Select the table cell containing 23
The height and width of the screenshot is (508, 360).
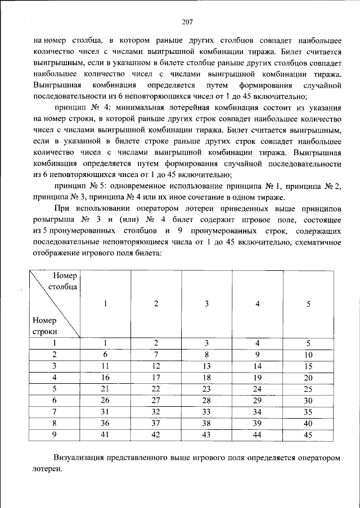click(207, 388)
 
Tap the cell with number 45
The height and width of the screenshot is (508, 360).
click(308, 434)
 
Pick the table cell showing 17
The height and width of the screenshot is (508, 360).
click(156, 377)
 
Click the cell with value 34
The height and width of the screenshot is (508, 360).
click(258, 411)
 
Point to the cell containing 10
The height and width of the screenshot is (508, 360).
click(308, 355)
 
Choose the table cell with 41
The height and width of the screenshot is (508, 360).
click(105, 434)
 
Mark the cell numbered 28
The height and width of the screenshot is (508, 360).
click(207, 400)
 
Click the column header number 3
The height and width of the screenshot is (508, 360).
click(207, 304)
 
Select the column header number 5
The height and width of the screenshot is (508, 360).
click(308, 304)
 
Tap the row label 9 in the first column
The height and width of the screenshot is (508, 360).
click(55, 434)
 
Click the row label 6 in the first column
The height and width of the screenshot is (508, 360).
click(55, 400)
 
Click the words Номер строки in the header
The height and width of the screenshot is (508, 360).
click(46, 326)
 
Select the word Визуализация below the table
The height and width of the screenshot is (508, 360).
click(79, 459)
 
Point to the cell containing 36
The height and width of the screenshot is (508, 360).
click(105, 422)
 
